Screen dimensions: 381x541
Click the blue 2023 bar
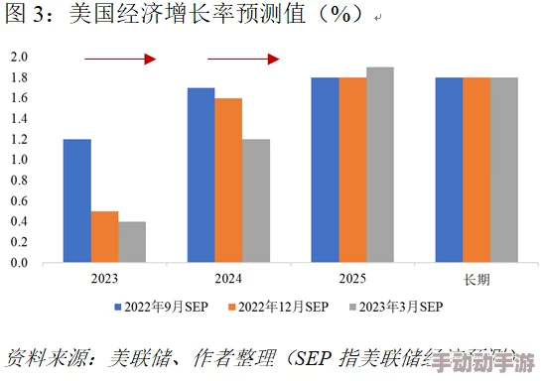point(76,200)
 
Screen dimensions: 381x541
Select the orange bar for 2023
point(104,237)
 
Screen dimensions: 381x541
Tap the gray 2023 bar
point(132,242)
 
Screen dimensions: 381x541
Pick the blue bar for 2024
point(201,175)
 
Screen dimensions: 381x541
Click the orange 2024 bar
point(228,180)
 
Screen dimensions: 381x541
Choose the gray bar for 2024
point(255,200)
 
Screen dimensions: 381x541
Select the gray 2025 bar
point(379,165)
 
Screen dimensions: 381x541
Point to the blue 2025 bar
point(325,170)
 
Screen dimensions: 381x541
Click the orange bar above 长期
point(476,170)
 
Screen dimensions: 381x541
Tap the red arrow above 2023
point(120,60)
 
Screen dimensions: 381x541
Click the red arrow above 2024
point(243,60)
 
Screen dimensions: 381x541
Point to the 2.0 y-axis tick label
point(19,57)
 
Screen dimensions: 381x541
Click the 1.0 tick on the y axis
point(19,160)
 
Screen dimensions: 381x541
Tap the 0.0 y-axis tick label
point(19,263)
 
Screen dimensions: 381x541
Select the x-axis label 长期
point(476,280)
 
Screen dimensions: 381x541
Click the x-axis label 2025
point(352,280)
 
